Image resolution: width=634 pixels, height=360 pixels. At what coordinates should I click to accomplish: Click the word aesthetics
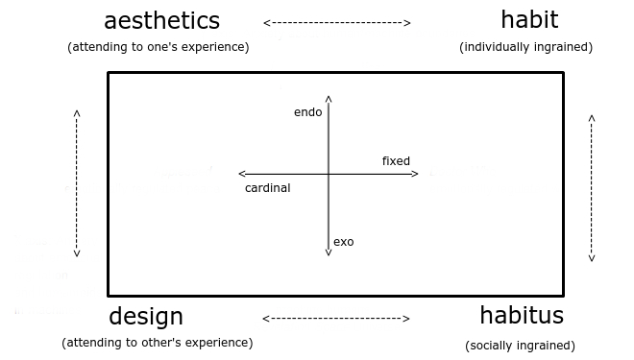(161, 21)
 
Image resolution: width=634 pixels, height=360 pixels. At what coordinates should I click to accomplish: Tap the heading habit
(528, 19)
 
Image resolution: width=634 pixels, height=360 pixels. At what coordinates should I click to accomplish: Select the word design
(146, 316)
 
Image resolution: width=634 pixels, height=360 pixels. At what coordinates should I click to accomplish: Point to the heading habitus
(522, 315)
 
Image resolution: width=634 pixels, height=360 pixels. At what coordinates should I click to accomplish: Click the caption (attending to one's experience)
(158, 47)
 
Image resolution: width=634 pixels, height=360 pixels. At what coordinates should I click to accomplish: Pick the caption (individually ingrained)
(525, 47)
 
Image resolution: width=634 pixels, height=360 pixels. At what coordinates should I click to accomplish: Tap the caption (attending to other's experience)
(158, 343)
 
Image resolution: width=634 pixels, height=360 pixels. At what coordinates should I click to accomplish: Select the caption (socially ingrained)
(520, 346)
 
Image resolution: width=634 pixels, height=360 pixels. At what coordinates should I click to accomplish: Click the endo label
(307, 113)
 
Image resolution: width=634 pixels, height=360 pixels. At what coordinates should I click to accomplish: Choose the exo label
(343, 242)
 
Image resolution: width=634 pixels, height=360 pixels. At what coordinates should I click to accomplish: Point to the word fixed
(396, 161)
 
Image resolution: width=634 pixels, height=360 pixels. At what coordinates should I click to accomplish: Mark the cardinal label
(267, 188)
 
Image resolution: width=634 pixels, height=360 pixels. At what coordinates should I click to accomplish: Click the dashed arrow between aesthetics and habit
(336, 22)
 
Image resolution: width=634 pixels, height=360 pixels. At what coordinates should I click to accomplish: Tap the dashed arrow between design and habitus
(336, 318)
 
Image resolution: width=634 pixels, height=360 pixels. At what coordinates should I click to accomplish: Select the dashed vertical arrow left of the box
(77, 183)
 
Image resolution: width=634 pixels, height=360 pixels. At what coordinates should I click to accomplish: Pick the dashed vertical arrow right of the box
(592, 188)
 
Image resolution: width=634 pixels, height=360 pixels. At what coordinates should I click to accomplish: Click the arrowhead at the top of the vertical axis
(329, 97)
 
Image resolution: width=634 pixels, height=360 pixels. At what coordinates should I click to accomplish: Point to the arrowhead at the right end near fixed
(415, 174)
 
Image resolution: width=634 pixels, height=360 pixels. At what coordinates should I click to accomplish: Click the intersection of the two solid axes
(329, 174)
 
